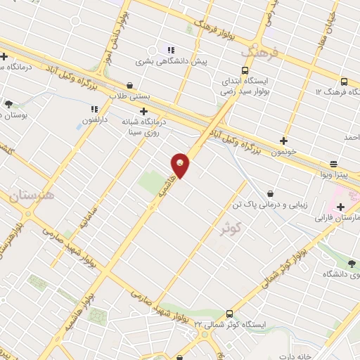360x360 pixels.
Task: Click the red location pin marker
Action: pos(181,165)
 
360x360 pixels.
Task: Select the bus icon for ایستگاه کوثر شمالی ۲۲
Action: pos(229,314)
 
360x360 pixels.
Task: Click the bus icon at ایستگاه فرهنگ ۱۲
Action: pos(344,82)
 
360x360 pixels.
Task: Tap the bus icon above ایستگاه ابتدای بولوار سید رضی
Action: pos(245,70)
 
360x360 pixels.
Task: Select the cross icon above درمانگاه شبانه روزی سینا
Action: pos(143,110)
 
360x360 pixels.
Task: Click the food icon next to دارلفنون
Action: pos(94,109)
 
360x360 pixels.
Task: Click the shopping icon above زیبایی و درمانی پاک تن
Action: pos(271,193)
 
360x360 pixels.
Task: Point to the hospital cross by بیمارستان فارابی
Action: pos(341,207)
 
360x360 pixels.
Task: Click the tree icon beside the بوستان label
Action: pos(8,104)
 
